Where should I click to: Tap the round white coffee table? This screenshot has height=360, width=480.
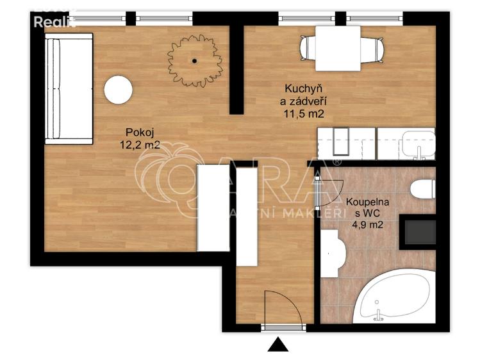click(x=119, y=90)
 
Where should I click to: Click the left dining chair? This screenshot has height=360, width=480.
click(x=308, y=47)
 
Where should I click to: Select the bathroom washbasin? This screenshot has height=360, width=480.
click(x=331, y=253)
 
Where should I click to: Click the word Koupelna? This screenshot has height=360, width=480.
click(x=366, y=202)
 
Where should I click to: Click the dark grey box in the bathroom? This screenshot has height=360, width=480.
click(x=417, y=231)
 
